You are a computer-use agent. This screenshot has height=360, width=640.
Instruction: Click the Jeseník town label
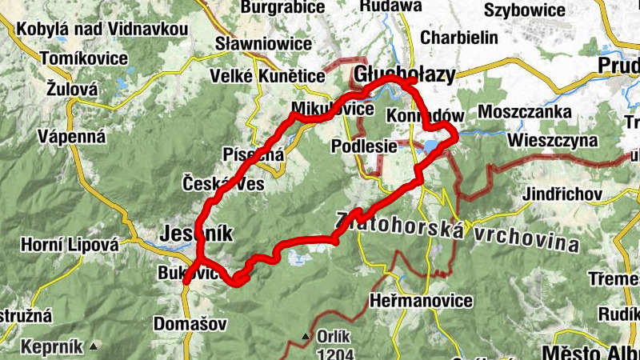pyautogui.click(x=196, y=234)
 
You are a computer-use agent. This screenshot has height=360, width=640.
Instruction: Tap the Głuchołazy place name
pyautogui.click(x=404, y=74)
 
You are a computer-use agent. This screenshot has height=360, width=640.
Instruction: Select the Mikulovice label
pyautogui.click(x=332, y=108)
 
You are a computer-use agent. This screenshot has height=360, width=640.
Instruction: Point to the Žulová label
pyautogui.click(x=72, y=88)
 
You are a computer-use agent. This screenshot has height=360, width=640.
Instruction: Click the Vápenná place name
pyautogui.click(x=71, y=136)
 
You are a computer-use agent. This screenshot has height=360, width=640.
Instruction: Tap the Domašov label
pyautogui.click(x=191, y=325)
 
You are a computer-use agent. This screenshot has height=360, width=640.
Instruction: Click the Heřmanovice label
pyautogui.click(x=422, y=301)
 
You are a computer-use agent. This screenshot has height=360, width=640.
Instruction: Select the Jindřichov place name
pyautogui.click(x=562, y=194)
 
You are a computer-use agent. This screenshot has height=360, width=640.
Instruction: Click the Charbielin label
pyautogui.click(x=458, y=38)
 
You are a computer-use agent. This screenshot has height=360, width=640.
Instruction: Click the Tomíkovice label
pyautogui.click(x=83, y=58)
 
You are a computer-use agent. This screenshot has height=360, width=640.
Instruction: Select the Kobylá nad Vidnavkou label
pyautogui.click(x=102, y=30)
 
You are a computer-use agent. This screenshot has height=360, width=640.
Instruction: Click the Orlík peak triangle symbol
pyautogui.click(x=305, y=338)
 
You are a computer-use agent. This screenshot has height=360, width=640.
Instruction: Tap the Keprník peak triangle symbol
pyautogui.click(x=94, y=346)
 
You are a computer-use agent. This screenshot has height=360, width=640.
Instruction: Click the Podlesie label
pyautogui.click(x=364, y=146)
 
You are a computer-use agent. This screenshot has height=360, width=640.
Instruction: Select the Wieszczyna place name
pyautogui.click(x=552, y=140)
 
